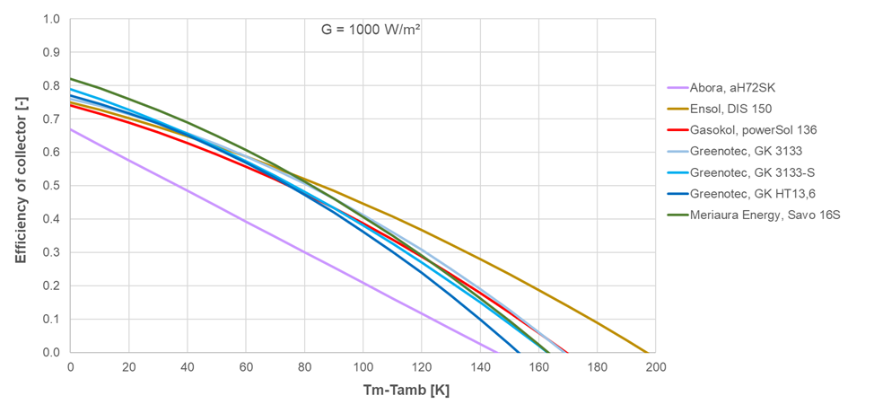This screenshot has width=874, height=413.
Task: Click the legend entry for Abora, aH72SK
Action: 732,87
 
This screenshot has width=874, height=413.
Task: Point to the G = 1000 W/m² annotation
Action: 371,29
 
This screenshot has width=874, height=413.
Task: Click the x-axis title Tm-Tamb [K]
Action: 363,393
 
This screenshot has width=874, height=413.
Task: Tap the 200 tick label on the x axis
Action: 655,368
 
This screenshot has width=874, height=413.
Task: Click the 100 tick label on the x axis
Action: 363,368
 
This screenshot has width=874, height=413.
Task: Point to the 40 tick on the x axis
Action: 188,368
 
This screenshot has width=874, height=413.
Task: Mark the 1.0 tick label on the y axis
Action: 52,19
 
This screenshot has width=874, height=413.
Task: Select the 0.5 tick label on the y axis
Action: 52,186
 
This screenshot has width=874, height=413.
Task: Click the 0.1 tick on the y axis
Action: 52,320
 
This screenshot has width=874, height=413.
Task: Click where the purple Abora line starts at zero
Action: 71,129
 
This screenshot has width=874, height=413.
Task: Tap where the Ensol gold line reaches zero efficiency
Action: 647,352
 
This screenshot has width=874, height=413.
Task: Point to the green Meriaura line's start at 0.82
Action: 71,78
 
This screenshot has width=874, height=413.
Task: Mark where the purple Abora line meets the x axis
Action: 496,352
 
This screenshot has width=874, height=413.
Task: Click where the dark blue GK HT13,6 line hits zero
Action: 519,352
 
